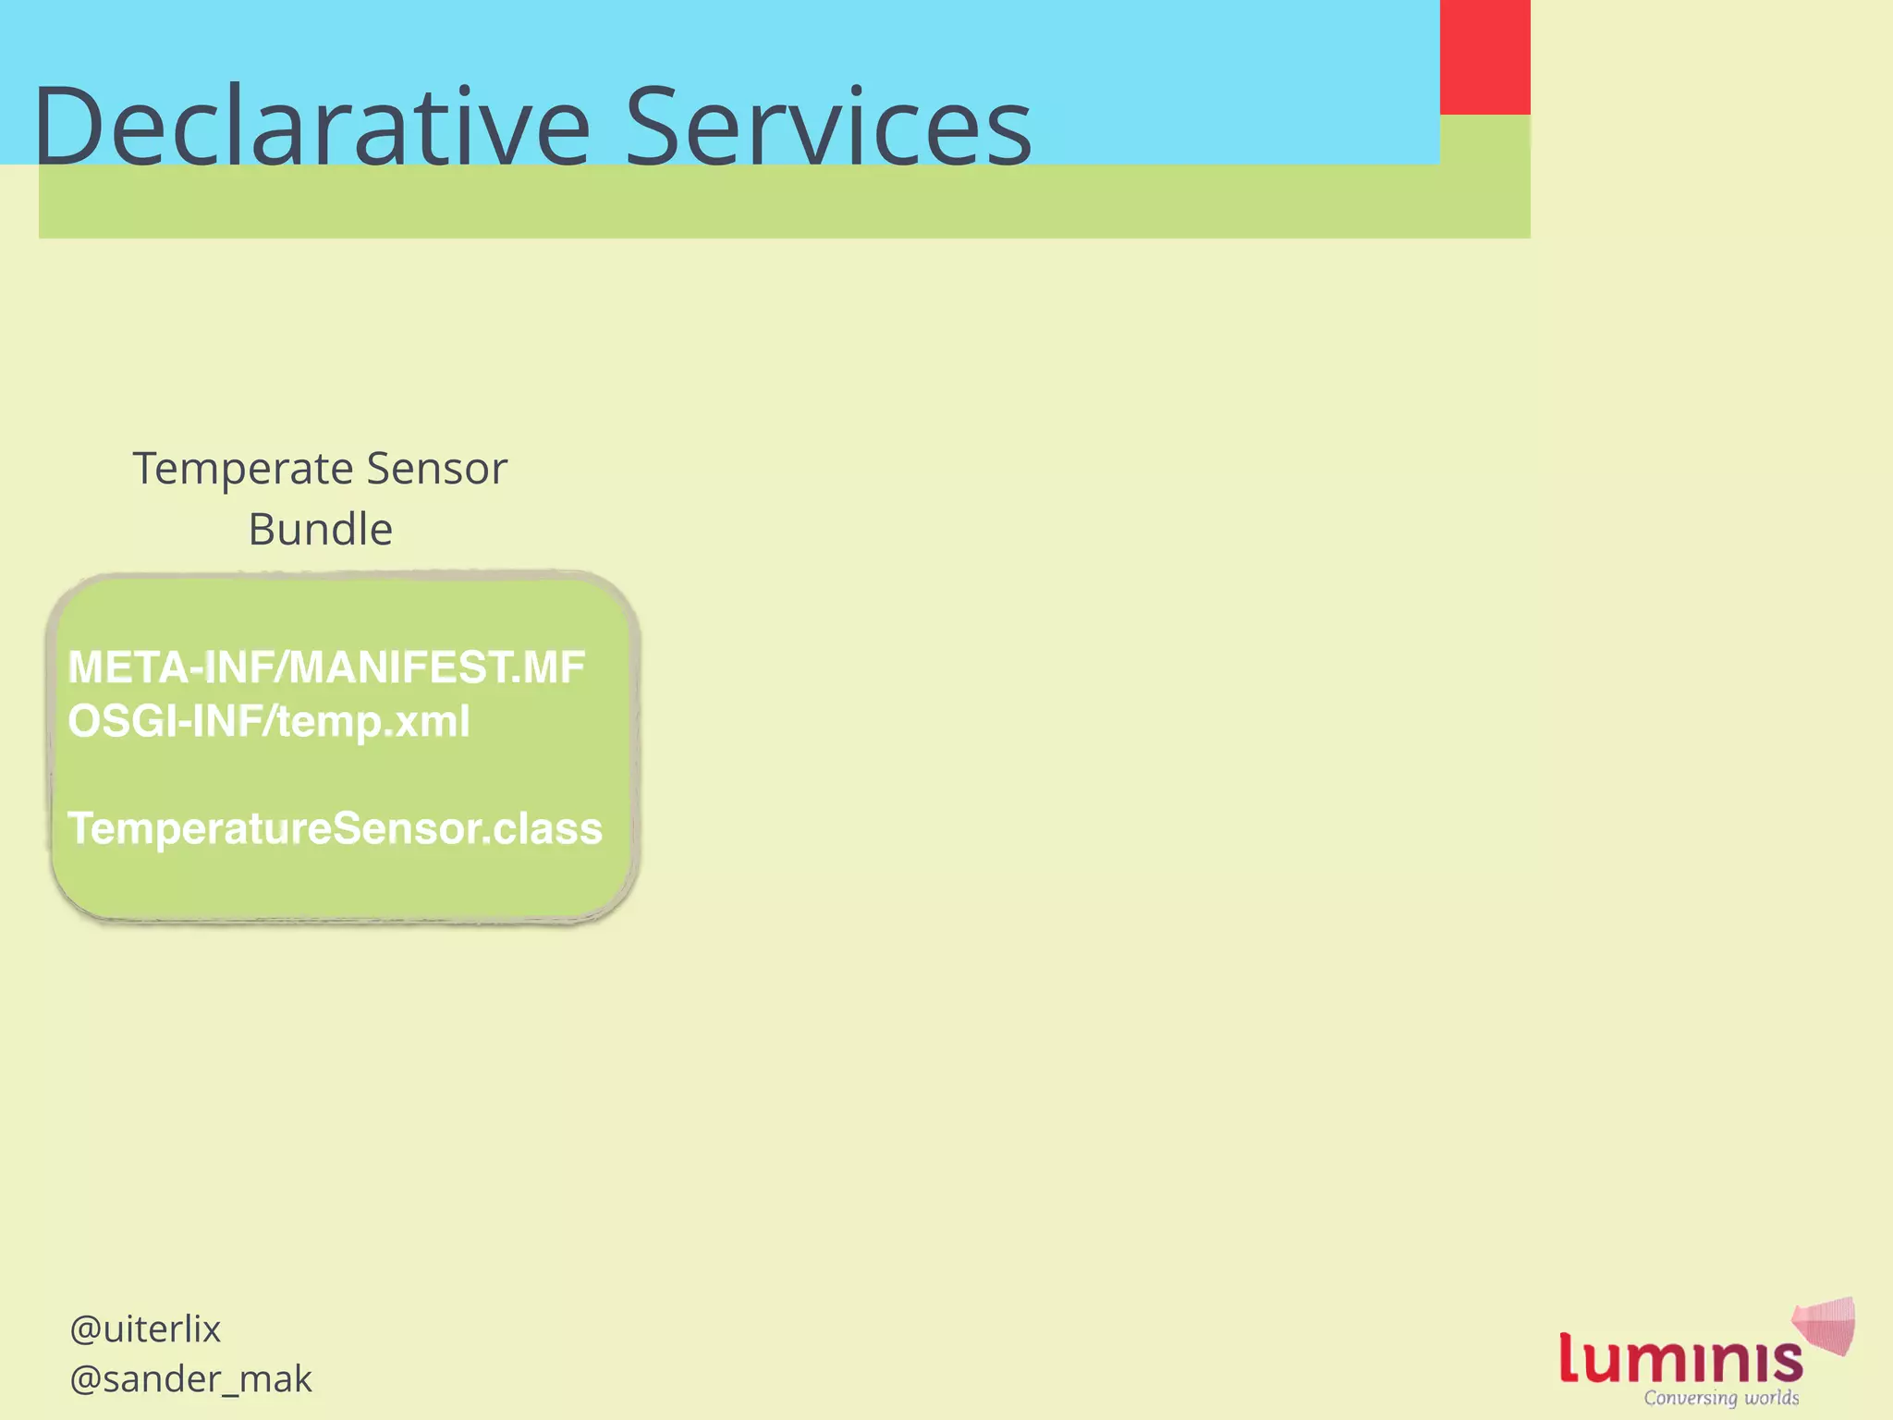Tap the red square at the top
[x=1484, y=56]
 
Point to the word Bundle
[x=320, y=530]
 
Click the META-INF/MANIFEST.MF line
[x=326, y=667]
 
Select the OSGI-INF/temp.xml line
[x=269, y=721]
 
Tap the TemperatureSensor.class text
[x=335, y=828]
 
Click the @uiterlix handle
[x=145, y=1329]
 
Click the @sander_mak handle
[x=190, y=1379]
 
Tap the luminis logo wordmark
[x=1680, y=1359]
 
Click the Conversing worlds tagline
[x=1721, y=1398]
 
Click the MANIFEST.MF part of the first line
[x=437, y=667]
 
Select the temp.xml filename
[x=373, y=721]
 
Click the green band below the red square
[x=1484, y=176]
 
